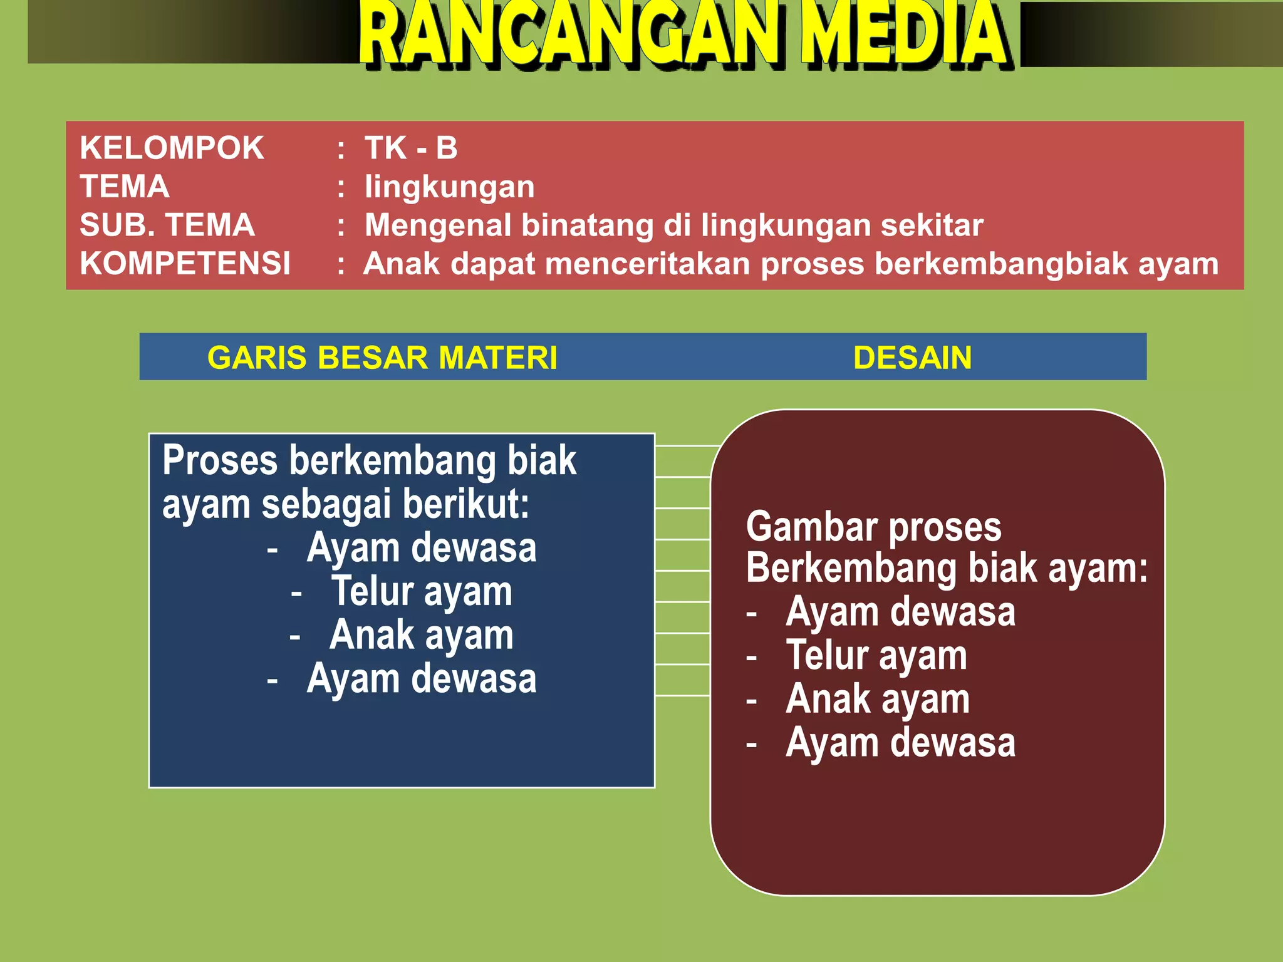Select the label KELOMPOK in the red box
[172, 148]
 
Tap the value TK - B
[411, 148]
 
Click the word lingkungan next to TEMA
[449, 187]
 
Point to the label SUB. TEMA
[167, 225]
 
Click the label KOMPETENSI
[185, 264]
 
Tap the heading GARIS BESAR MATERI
[382, 358]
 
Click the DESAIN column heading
[912, 358]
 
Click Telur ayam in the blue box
[422, 592]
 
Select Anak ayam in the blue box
[422, 636]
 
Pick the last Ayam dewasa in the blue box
[422, 679]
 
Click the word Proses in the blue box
[220, 461]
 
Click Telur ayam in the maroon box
[876, 656]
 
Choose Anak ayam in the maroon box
[878, 700]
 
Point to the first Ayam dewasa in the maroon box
[900, 612]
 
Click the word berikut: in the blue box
[466, 504]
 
